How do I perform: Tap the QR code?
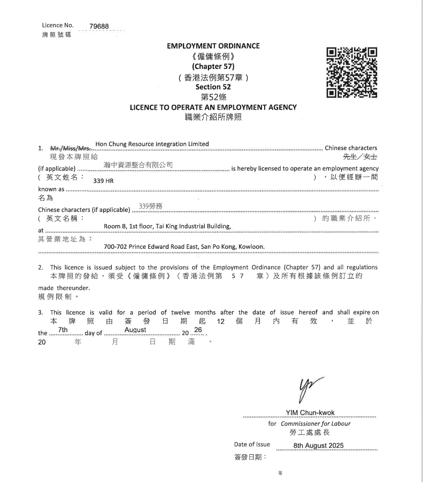[x=351, y=73]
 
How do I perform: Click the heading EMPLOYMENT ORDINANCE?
[x=213, y=46]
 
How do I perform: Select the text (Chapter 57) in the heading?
[x=213, y=66]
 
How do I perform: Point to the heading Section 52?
[x=213, y=87]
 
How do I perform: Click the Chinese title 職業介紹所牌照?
[x=213, y=117]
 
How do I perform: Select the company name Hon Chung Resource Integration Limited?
[x=152, y=144]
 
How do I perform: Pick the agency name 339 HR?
[x=103, y=181]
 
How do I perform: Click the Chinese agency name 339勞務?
[x=150, y=205]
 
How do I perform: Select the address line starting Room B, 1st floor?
[x=167, y=226]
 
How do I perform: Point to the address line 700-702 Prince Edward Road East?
[x=184, y=247]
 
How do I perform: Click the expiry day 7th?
[x=63, y=330]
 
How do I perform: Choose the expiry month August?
[x=135, y=330]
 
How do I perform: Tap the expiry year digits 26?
[x=198, y=330]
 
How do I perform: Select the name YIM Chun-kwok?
[x=310, y=412]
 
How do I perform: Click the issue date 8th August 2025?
[x=319, y=446]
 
